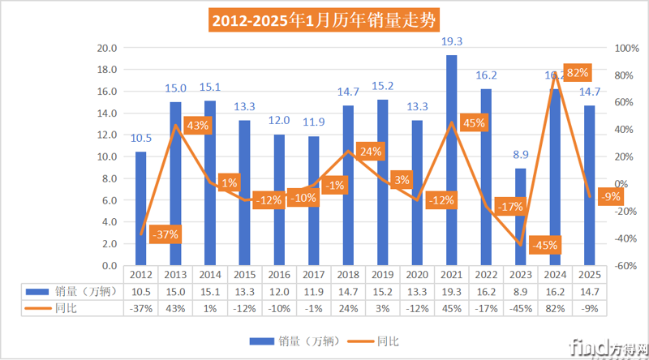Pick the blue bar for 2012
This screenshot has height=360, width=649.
140,208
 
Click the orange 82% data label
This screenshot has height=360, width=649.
577,73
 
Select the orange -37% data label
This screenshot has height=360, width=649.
164,234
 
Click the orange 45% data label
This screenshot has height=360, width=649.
473,123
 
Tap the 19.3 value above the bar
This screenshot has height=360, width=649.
452,41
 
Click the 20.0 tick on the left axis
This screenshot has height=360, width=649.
107,49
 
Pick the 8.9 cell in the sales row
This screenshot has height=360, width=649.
521,291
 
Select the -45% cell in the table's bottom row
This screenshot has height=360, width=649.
521,306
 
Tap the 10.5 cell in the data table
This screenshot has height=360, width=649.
140,291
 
